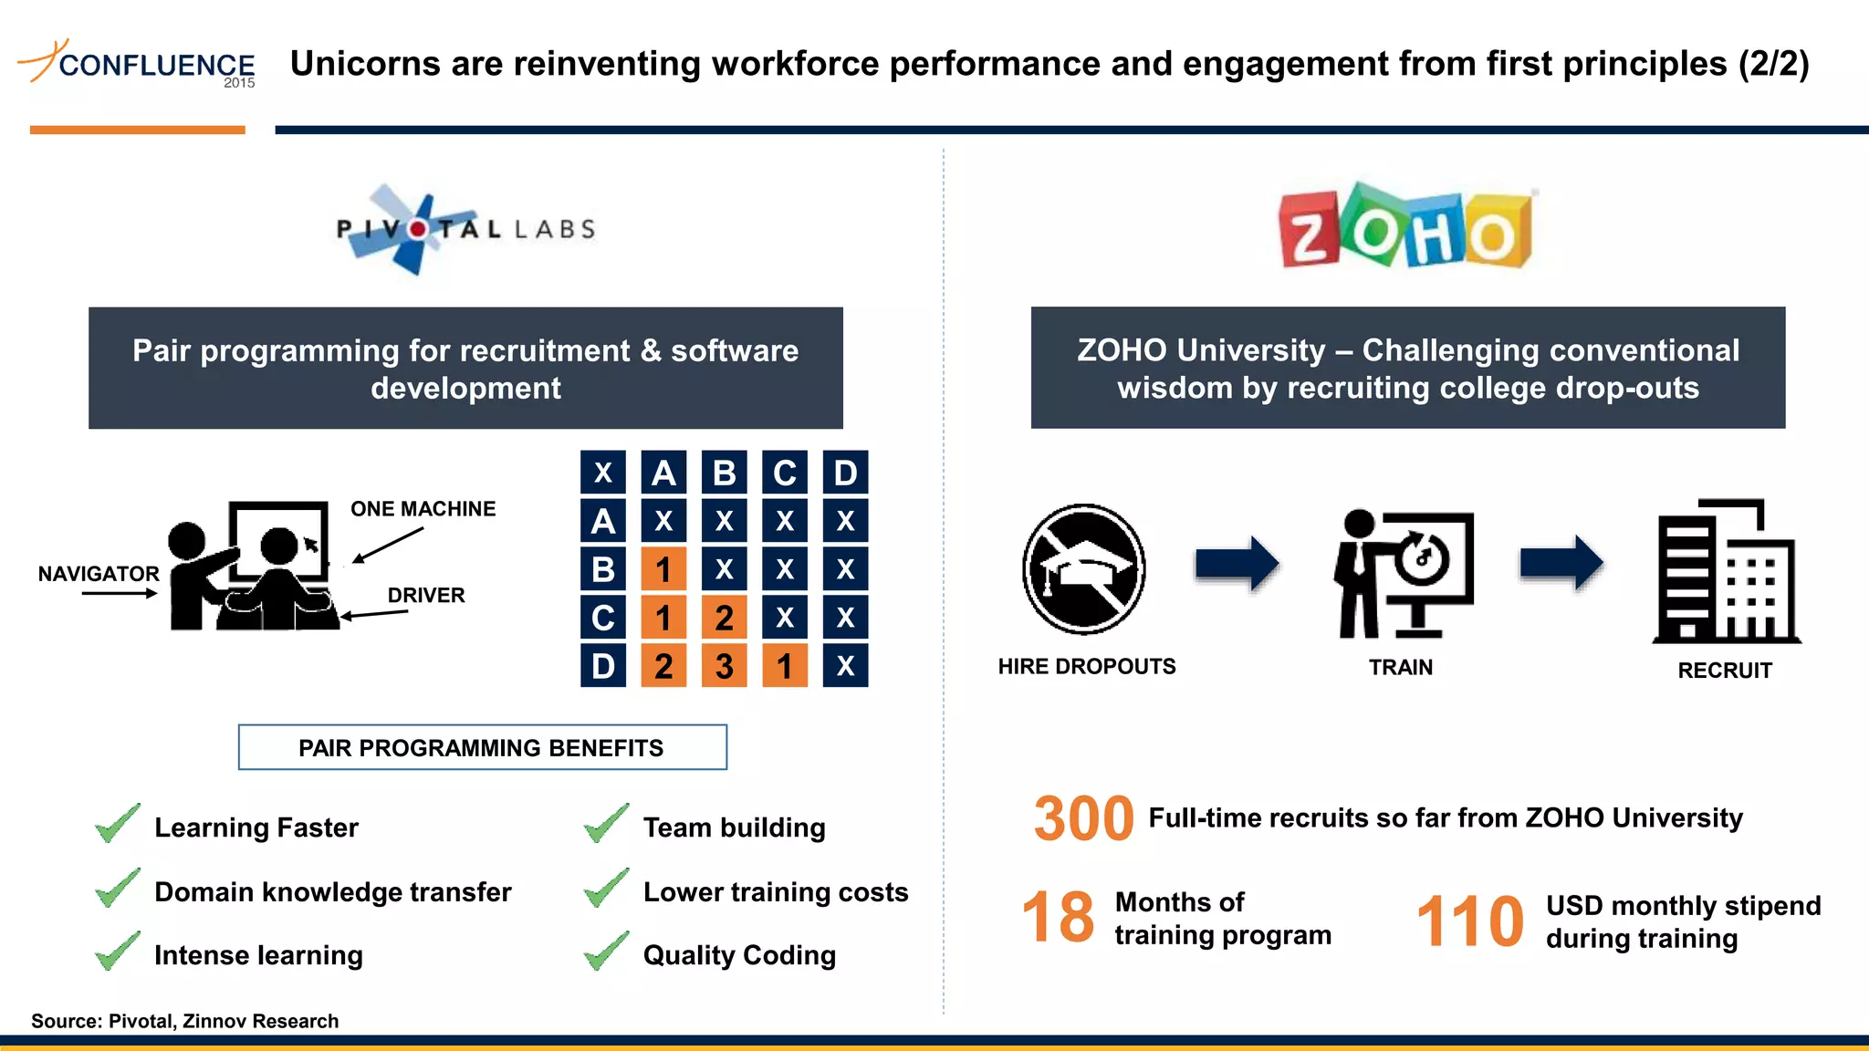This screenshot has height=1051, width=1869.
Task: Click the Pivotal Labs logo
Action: click(x=465, y=229)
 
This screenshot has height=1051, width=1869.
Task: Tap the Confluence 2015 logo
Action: click(x=137, y=64)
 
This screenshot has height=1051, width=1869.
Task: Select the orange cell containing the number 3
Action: click(x=724, y=666)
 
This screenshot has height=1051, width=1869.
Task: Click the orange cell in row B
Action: click(x=663, y=569)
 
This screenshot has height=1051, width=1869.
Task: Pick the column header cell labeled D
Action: click(x=845, y=473)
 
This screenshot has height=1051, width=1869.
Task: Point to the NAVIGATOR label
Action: click(x=99, y=574)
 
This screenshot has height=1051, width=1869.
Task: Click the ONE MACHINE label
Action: click(x=423, y=509)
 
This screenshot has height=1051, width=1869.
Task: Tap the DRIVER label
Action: click(x=426, y=596)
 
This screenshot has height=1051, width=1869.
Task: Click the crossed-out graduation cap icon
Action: click(x=1084, y=568)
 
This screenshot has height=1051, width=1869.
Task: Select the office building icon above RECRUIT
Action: click(x=1725, y=572)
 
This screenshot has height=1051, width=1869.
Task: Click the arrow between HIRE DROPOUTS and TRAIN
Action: click(x=1237, y=563)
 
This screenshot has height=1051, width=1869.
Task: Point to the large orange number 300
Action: click(x=1083, y=818)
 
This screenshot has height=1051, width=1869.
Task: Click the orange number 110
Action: click(x=1469, y=921)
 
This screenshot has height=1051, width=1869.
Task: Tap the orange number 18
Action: click(x=1058, y=918)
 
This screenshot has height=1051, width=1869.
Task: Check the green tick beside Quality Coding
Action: click(x=606, y=952)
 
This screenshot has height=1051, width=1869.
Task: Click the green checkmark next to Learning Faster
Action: click(x=118, y=824)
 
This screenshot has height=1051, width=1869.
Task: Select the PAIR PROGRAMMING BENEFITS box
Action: click(x=482, y=748)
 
